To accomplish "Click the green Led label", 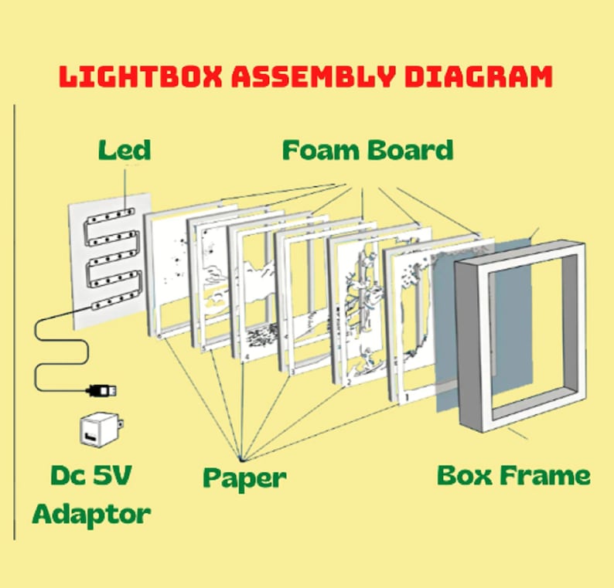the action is click(x=125, y=150).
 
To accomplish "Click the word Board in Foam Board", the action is click(x=411, y=150).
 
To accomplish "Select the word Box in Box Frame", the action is click(x=464, y=475).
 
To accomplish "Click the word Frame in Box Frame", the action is click(x=545, y=475).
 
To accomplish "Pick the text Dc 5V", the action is click(x=91, y=475).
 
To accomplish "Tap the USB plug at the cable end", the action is click(x=101, y=390).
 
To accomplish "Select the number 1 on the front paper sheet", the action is click(x=406, y=398).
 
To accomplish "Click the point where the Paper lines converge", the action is click(x=240, y=458).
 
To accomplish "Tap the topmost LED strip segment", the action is click(x=111, y=216).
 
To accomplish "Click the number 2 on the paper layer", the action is click(x=350, y=382).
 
